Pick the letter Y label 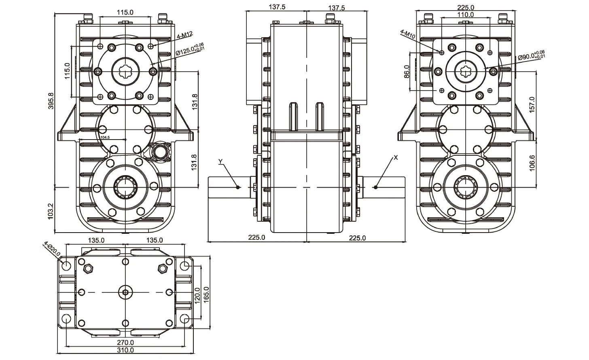click(220, 162)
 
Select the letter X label click(396, 157)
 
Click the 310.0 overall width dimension click(125, 350)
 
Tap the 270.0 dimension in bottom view click(125, 342)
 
